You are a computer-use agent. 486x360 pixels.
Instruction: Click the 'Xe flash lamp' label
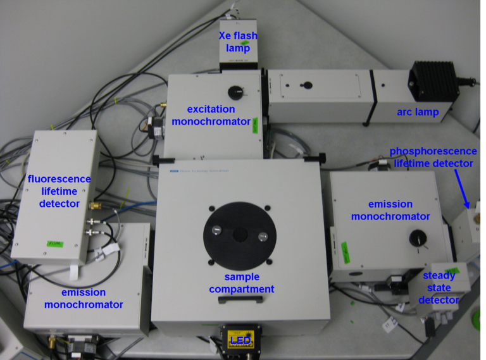pos(234,42)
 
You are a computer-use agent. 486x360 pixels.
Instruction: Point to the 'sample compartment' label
pos(242,283)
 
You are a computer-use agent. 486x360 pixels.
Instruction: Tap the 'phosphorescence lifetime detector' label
pos(432,157)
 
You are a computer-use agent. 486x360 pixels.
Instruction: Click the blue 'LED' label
pos(239,340)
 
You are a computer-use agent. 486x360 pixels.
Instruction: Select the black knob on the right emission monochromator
pos(417,238)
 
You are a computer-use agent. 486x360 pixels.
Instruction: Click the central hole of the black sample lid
pos(239,234)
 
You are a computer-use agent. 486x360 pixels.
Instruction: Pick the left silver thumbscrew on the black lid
pos(216,232)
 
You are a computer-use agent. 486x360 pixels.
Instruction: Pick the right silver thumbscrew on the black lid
pos(262,235)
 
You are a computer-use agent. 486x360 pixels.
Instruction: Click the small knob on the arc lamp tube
pos(306,84)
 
